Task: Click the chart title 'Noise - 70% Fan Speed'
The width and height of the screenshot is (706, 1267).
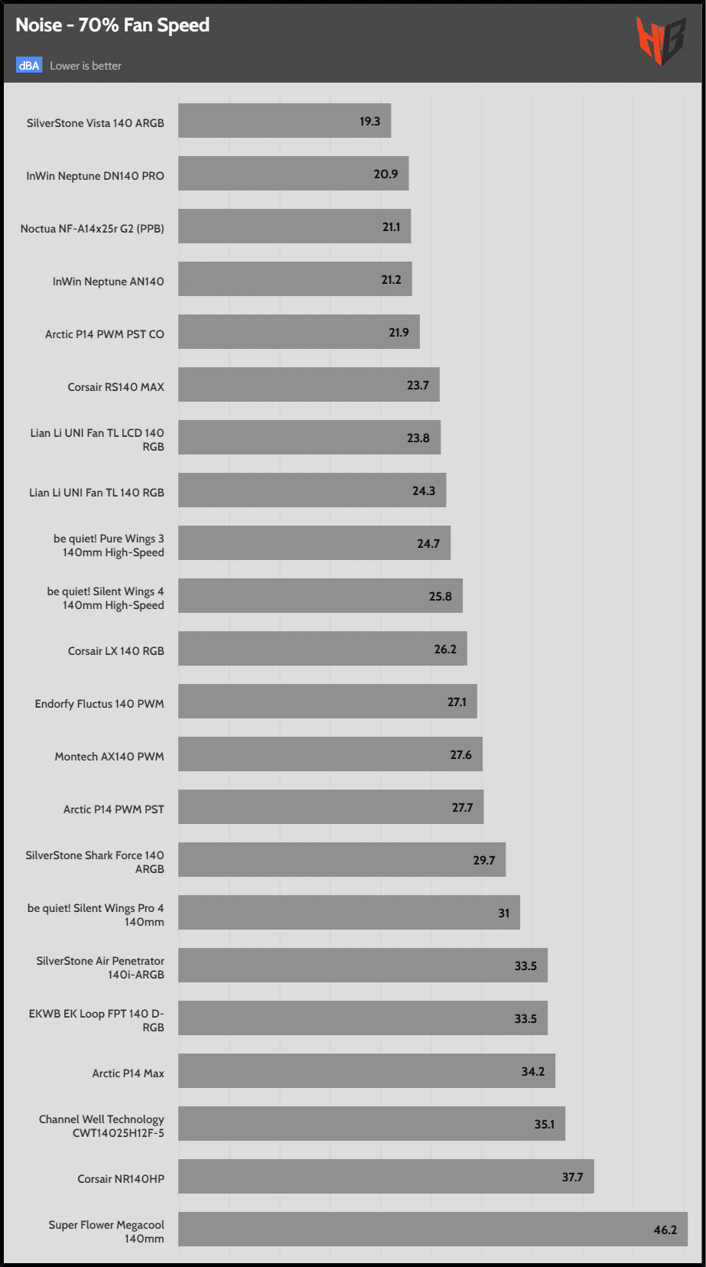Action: point(112,25)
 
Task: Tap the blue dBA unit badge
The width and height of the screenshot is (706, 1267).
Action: point(29,66)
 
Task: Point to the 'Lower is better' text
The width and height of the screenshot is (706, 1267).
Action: point(86,66)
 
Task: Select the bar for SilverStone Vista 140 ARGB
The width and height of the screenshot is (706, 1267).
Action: point(285,121)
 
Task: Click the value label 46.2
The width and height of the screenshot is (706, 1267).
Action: point(665,1230)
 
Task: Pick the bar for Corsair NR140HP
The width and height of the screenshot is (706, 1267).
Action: point(386,1176)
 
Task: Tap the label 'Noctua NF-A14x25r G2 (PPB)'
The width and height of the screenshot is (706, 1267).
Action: point(93,229)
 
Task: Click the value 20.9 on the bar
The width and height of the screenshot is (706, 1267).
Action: point(386,174)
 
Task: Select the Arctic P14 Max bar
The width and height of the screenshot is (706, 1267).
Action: point(366,1070)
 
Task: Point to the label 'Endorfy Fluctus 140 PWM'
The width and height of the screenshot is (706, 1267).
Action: point(99,704)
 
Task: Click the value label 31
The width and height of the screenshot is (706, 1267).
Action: point(503,914)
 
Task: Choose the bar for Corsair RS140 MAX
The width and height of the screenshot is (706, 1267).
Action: point(308,385)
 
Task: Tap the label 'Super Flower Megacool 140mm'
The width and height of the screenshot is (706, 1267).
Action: point(106,1232)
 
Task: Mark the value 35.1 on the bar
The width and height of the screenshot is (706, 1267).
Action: point(544,1125)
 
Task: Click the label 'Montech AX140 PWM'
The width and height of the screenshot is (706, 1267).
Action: point(109,757)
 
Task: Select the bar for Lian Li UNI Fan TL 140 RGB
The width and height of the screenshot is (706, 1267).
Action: point(312,490)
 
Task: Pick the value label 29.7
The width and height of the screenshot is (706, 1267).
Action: point(483,861)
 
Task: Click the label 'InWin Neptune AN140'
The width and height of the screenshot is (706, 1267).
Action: point(109,282)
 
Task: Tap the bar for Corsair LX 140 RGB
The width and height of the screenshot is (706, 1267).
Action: point(322,649)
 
